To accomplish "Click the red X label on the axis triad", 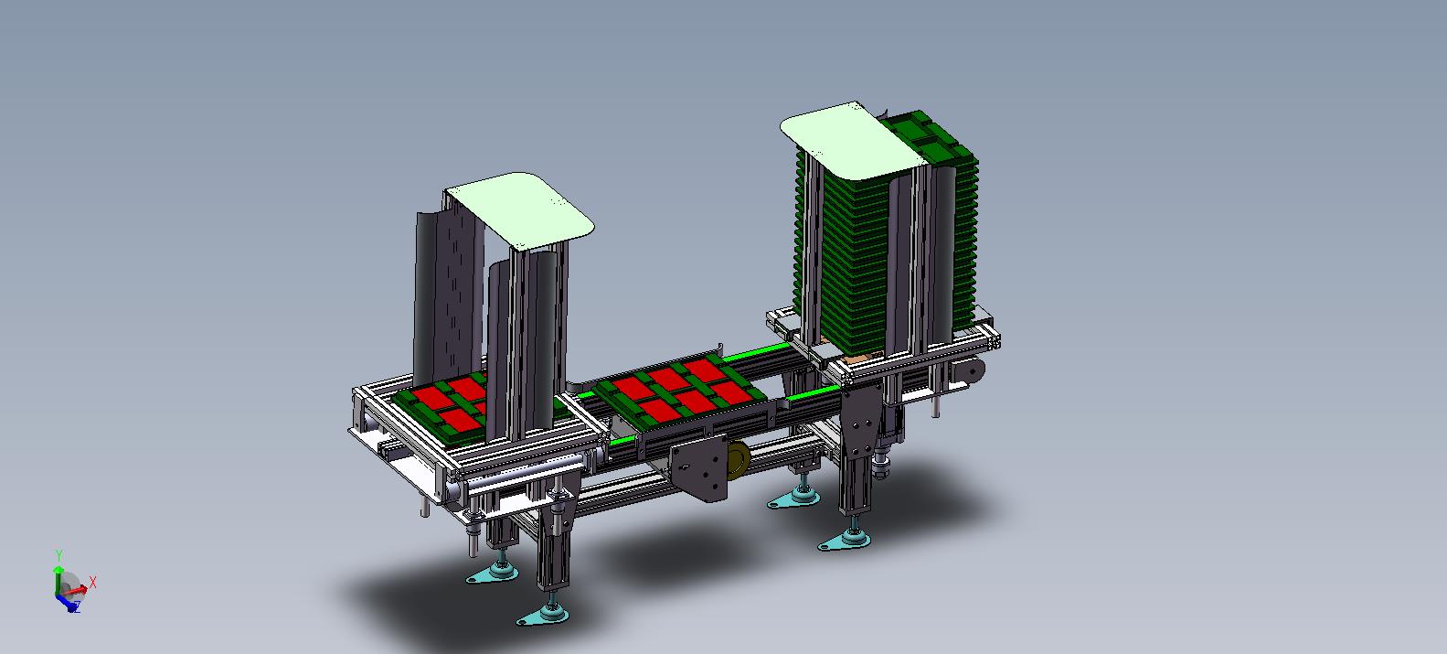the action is (x=92, y=583).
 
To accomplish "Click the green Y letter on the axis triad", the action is (x=59, y=555).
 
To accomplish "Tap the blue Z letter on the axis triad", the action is (x=76, y=606).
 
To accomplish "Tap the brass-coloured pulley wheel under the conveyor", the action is (x=738, y=459).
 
